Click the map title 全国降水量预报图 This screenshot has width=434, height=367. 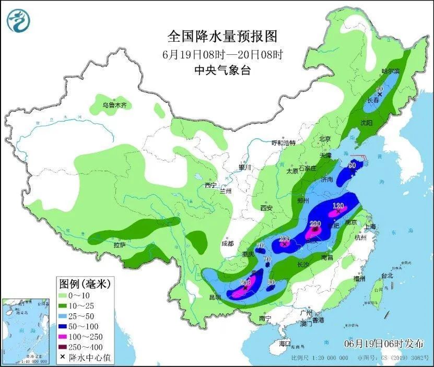[222, 37]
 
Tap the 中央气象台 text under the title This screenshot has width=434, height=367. [222, 70]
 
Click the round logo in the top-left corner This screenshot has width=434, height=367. [18, 20]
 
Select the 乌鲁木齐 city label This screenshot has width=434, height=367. [114, 105]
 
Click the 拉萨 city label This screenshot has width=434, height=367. [119, 244]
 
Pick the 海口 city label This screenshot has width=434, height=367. [284, 344]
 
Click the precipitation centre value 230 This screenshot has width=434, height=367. [315, 224]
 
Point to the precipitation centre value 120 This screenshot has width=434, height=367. [338, 205]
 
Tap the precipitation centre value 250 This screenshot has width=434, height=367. [245, 282]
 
